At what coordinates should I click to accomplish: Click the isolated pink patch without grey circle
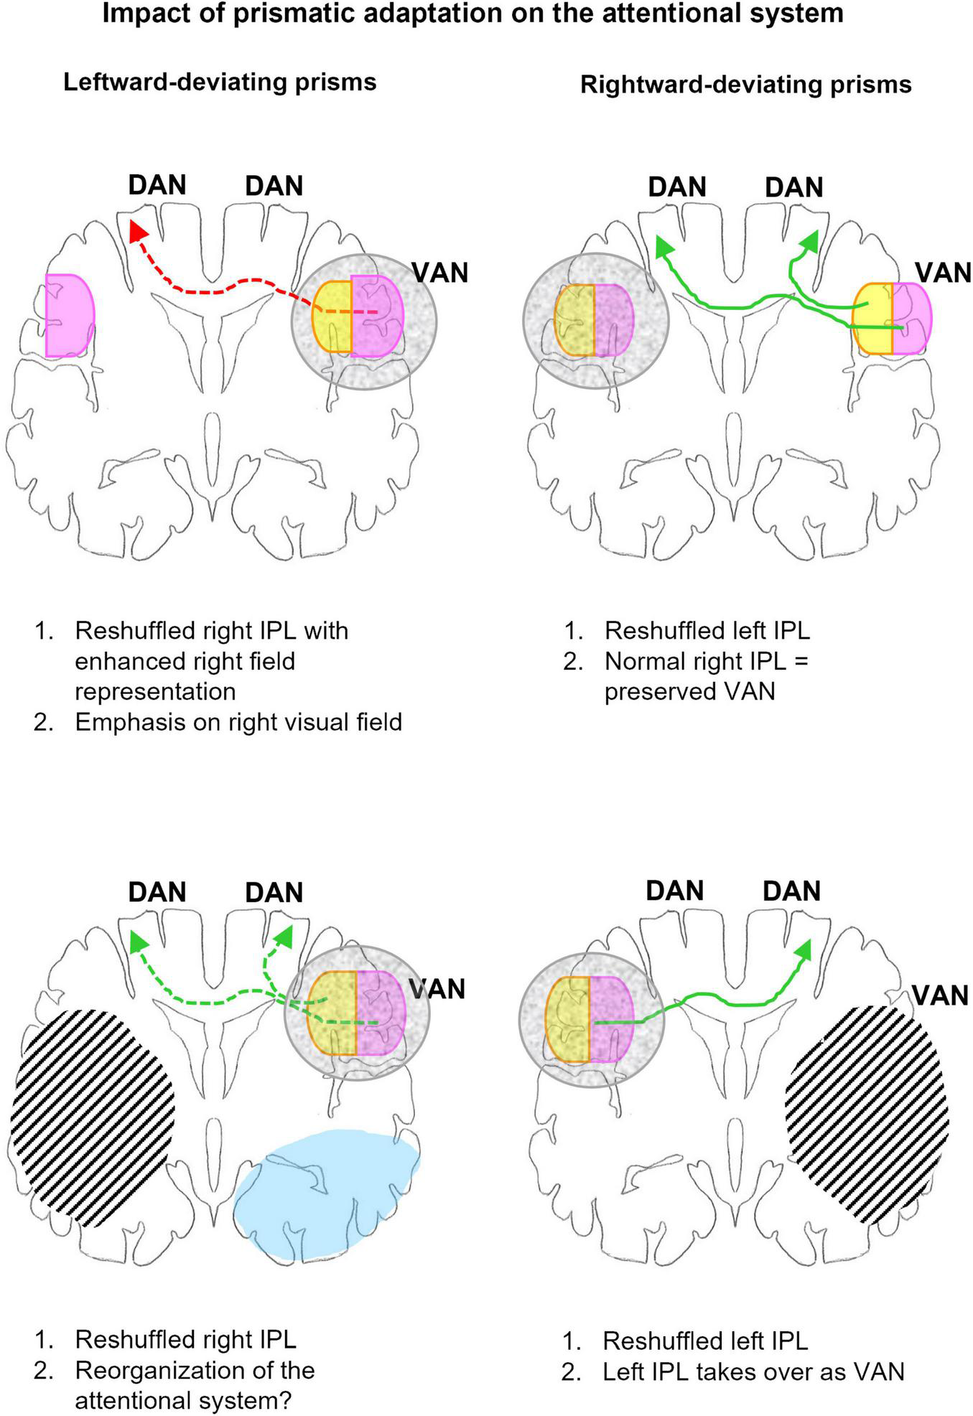[x=69, y=316]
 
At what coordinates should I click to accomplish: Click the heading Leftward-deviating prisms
[x=220, y=82]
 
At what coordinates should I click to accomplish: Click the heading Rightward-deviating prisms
[x=745, y=85]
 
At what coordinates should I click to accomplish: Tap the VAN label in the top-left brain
[x=439, y=273]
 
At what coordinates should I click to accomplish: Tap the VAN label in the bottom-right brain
[x=940, y=996]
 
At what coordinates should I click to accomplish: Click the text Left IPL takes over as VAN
[x=753, y=1372]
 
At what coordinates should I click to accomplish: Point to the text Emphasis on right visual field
[x=238, y=721]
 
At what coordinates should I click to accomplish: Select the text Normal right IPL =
[x=706, y=661]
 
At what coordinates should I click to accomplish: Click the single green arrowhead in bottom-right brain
[x=804, y=950]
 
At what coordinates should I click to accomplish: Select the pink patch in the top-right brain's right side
[x=911, y=318]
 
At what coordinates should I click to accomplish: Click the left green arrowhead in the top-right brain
[x=663, y=247]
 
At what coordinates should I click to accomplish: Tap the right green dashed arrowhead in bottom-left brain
[x=284, y=937]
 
